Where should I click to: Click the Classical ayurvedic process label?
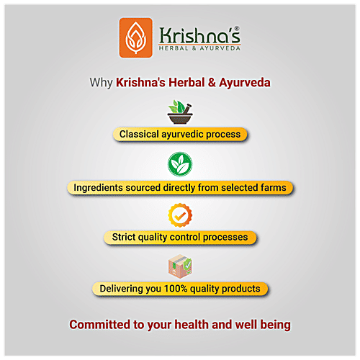(x=180, y=134)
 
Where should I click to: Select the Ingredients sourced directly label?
(x=180, y=187)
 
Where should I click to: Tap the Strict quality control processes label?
(x=180, y=236)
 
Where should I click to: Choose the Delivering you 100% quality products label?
(x=180, y=288)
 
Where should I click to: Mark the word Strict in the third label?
(x=125, y=236)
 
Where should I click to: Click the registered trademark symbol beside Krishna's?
(x=238, y=29)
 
